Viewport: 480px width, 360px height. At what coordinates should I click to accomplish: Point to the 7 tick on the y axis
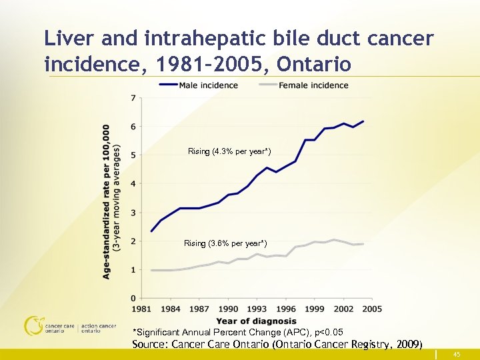coord(134,98)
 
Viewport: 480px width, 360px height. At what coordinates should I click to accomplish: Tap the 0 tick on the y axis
coord(134,298)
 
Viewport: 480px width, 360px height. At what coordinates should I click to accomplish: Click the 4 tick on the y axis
coord(134,183)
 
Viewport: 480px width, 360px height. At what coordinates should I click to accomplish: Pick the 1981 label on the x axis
coord(142,309)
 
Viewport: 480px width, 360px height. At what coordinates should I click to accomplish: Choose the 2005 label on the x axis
coord(372,309)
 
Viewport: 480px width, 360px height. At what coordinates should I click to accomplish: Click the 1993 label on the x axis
coord(257,309)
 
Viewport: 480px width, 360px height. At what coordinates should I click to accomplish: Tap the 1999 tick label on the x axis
coord(315,309)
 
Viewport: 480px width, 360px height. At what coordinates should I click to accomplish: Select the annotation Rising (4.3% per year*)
coord(229,151)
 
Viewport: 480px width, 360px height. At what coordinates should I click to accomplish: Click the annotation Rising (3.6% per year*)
coord(225,243)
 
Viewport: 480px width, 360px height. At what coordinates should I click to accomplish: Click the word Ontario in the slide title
coord(313,65)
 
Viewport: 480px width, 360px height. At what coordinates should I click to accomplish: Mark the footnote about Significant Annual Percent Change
coord(238,332)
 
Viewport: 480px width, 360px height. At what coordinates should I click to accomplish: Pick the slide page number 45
coord(457,355)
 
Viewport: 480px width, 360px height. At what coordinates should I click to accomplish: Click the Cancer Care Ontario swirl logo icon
coord(33,325)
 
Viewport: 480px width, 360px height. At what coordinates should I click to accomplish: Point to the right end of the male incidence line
coord(363,121)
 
